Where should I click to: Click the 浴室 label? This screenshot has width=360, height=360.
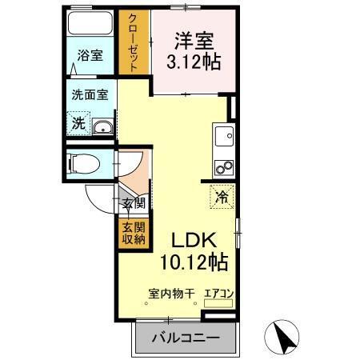[90, 55]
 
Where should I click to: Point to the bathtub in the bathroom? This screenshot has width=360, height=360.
[90, 23]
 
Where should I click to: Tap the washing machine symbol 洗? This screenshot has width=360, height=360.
[78, 124]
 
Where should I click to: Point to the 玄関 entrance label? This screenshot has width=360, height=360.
[133, 203]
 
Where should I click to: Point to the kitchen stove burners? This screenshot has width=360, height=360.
[222, 167]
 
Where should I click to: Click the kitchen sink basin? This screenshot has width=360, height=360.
[222, 134]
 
